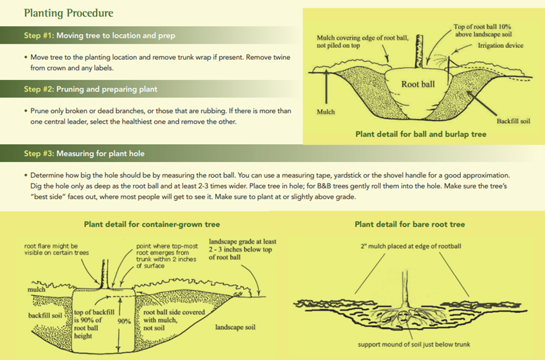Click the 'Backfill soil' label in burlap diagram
[513, 121]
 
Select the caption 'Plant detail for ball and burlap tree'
[421, 134]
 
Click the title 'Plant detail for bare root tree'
[410, 224]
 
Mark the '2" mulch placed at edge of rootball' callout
[410, 246]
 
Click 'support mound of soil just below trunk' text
[410, 346]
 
